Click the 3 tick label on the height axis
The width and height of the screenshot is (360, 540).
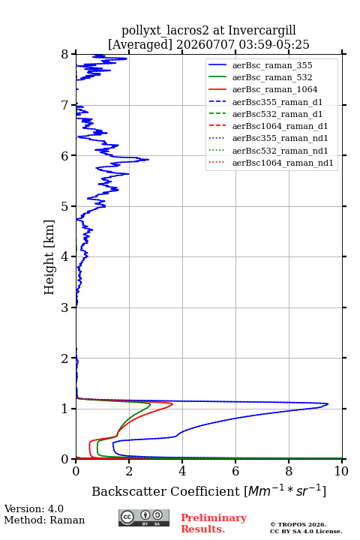[65, 307]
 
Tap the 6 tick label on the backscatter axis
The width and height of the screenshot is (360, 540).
[235, 471]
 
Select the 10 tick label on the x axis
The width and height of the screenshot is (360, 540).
[341, 471]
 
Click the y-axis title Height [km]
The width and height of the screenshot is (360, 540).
[49, 257]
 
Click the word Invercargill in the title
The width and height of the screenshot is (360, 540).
[262, 30]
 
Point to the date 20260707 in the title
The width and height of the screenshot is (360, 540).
[205, 44]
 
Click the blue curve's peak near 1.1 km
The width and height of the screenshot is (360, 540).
[328, 403]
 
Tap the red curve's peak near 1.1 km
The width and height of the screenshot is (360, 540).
[172, 403]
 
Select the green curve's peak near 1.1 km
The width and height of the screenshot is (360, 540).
[150, 404]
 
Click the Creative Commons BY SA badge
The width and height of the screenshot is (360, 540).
[144, 517]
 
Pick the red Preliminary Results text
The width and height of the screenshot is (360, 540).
[214, 523]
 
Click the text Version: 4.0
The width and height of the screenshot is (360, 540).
[34, 508]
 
